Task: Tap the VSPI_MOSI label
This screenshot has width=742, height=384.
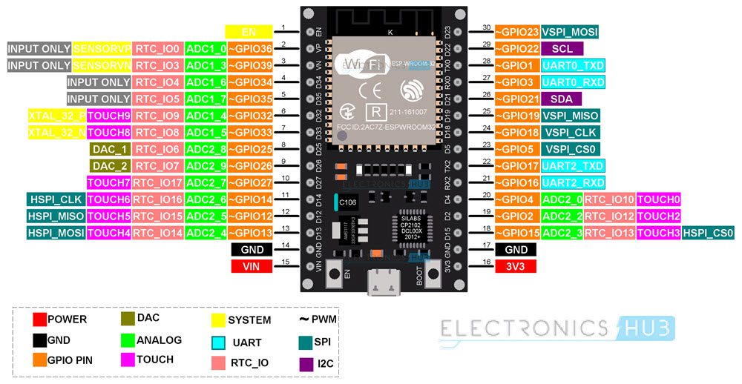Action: (569, 31)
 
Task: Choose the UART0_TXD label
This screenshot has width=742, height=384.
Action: (572, 65)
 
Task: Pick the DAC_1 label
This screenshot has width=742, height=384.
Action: (109, 149)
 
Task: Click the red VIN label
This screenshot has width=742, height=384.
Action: (252, 267)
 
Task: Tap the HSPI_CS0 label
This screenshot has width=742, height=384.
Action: (708, 233)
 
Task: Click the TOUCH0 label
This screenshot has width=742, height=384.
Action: (658, 199)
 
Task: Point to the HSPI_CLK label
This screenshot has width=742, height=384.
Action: (56, 199)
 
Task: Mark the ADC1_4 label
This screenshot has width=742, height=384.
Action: (206, 116)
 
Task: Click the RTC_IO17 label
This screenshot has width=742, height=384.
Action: (158, 182)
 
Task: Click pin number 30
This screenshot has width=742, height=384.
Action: (487, 27)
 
